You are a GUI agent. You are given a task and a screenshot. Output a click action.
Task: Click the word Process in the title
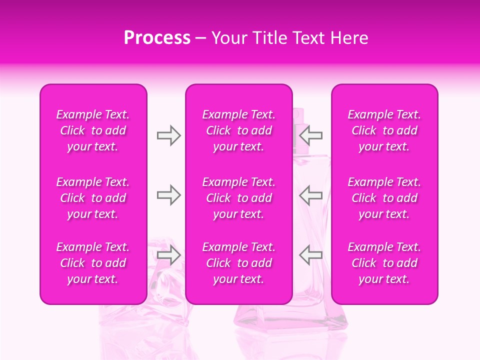[157, 38]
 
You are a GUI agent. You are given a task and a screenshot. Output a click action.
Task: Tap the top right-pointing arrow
[168, 135]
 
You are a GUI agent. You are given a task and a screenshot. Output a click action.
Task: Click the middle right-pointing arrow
[168, 195]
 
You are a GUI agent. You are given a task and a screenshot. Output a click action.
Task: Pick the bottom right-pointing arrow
[168, 255]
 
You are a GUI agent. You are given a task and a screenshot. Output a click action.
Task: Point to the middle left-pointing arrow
[311, 195]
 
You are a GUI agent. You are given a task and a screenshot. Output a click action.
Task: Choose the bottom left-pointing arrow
[311, 255]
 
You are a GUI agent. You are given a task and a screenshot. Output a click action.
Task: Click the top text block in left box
[93, 130]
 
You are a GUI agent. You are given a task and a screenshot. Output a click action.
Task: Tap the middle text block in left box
[93, 198]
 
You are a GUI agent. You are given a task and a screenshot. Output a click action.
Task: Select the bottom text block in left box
[93, 263]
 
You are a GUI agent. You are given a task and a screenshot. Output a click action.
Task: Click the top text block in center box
[239, 130]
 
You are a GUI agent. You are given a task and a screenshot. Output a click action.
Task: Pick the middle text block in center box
[239, 198]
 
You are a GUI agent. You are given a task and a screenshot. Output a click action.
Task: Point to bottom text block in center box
[239, 263]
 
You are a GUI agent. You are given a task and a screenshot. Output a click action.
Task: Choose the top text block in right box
[384, 130]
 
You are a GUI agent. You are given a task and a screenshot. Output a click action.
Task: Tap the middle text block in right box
[384, 198]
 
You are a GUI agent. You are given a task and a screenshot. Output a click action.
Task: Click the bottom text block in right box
[384, 263]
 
